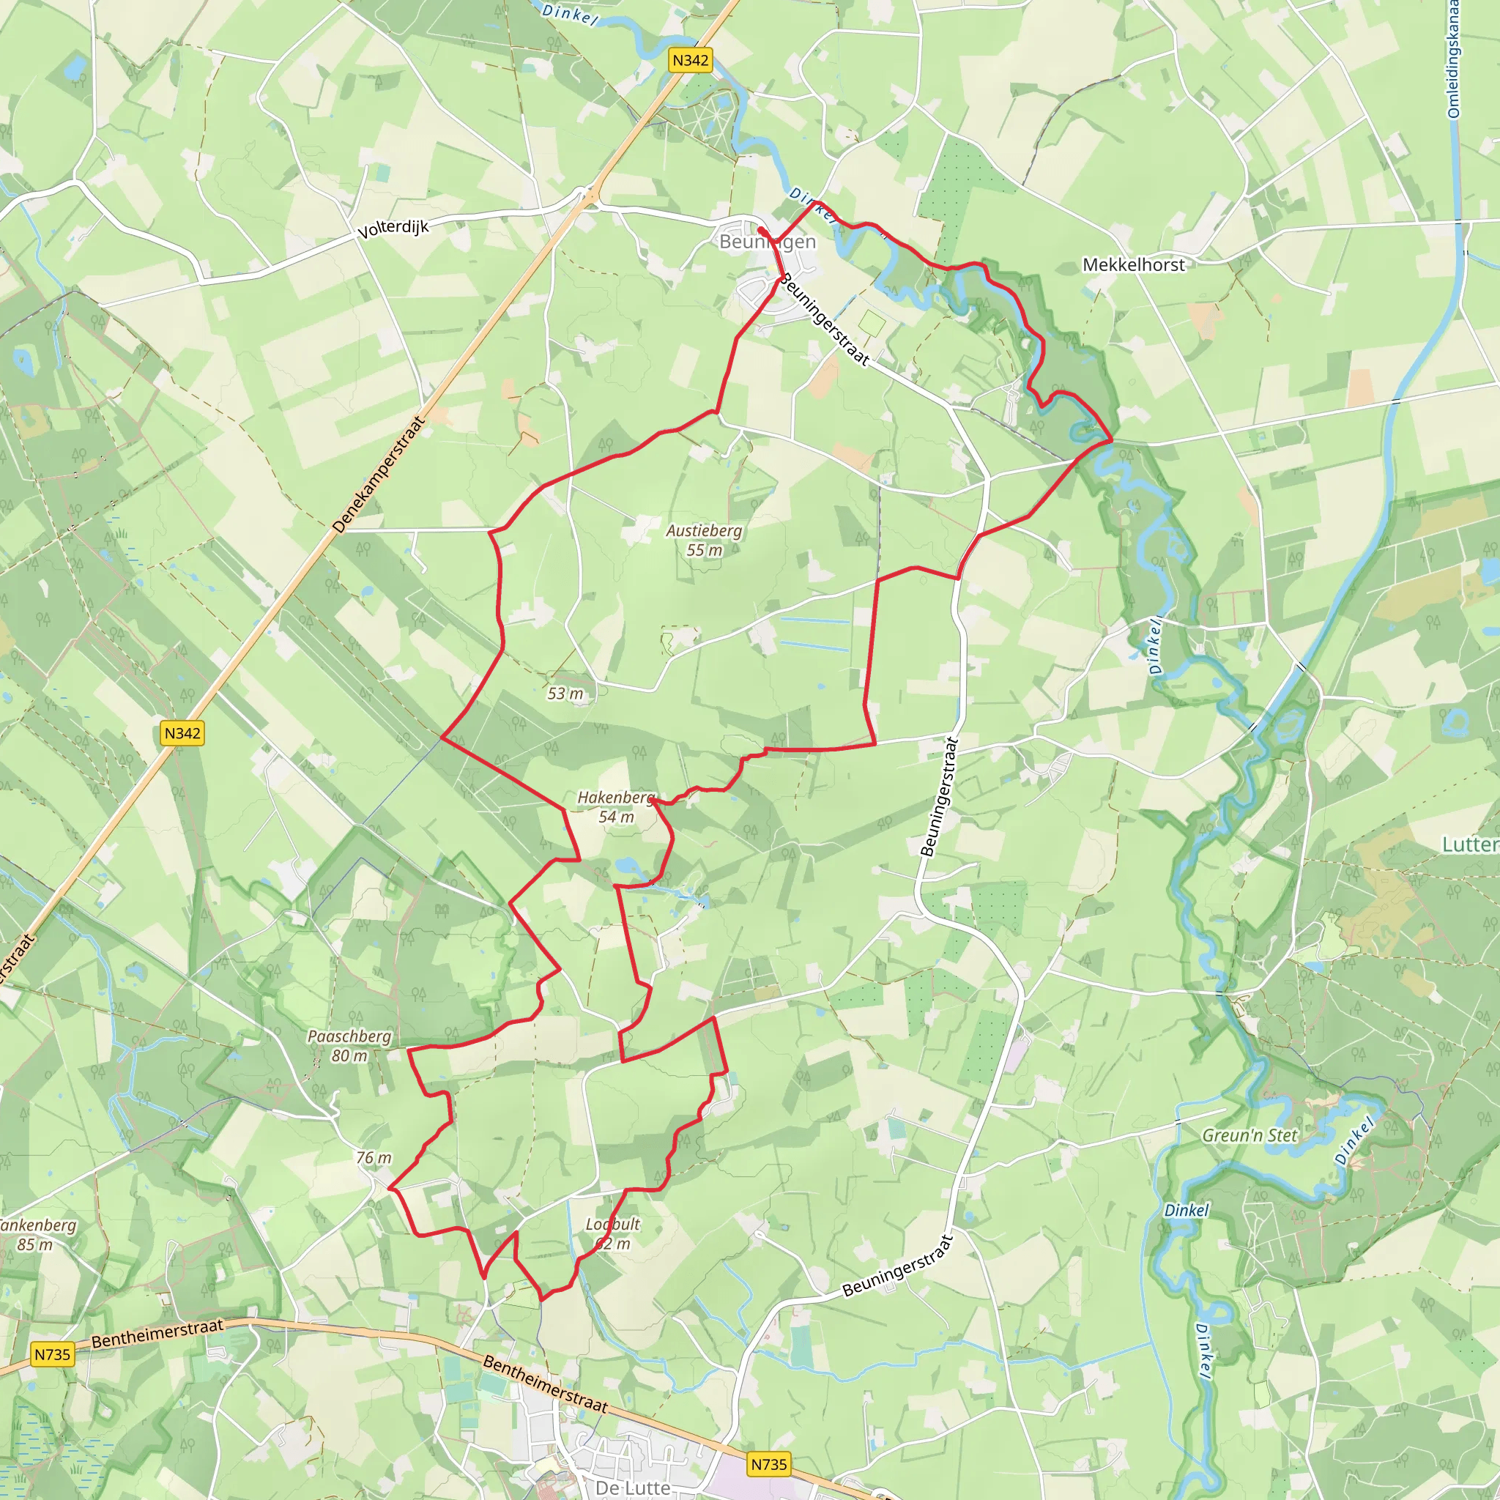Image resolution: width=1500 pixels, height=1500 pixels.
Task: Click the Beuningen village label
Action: coord(767,242)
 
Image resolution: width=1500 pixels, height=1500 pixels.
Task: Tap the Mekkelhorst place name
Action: coord(1134,264)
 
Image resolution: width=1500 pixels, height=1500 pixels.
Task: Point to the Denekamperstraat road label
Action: coord(379,475)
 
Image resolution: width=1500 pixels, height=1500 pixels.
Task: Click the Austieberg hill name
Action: coord(703,530)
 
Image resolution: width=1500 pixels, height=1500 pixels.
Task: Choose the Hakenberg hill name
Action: coord(616,798)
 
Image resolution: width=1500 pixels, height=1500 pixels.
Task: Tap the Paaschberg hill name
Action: coord(349,1036)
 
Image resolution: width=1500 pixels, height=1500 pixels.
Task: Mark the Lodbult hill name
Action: coord(612,1225)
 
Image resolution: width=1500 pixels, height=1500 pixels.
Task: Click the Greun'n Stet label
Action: coord(1250,1135)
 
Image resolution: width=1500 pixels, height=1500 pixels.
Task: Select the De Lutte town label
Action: coord(633,1487)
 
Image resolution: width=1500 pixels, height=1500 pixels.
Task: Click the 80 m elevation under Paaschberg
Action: coord(349,1056)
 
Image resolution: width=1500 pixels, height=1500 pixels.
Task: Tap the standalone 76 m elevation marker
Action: coord(374,1158)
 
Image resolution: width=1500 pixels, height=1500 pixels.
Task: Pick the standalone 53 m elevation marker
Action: coord(565,694)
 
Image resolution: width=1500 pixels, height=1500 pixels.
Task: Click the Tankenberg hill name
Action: coord(37,1225)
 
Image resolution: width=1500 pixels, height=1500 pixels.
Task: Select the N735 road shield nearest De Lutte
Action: coord(768,1464)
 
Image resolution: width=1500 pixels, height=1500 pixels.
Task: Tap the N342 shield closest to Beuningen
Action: coord(690,61)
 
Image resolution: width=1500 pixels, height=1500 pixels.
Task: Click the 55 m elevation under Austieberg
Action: coord(703,551)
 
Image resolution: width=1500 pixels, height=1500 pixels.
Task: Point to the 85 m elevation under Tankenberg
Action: coord(35,1244)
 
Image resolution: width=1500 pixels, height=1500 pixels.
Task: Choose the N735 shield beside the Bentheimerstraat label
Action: coord(52,1355)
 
